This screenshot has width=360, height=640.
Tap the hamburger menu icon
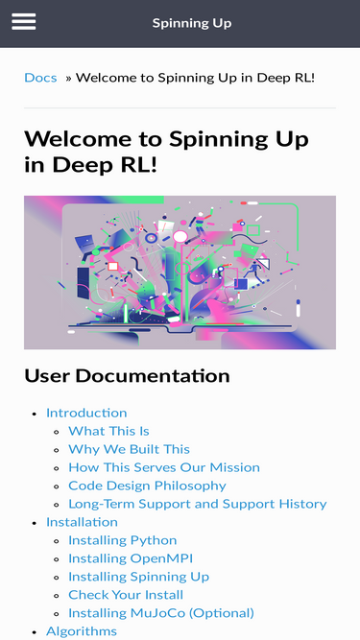click(x=24, y=22)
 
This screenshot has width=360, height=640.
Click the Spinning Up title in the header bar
click(x=192, y=23)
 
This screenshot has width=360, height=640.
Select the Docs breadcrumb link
click(x=40, y=77)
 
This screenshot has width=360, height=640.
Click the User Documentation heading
click(x=127, y=375)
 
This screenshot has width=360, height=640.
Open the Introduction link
click(x=86, y=413)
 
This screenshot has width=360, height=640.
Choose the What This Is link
click(x=108, y=431)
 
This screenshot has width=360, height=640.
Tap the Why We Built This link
click(x=129, y=449)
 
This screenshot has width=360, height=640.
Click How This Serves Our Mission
click(x=164, y=467)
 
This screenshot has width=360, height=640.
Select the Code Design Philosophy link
click(x=147, y=486)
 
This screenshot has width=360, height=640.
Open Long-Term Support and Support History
click(x=198, y=504)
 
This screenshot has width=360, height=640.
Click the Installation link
click(x=82, y=522)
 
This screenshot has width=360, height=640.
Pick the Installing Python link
click(x=123, y=540)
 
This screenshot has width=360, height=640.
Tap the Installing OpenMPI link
click(x=131, y=557)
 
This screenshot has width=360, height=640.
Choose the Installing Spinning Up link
click(x=138, y=577)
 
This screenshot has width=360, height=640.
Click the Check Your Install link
click(x=126, y=595)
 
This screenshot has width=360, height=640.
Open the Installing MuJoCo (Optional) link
click(x=161, y=612)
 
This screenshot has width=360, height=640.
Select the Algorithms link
click(x=82, y=631)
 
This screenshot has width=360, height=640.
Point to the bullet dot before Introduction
click(x=36, y=414)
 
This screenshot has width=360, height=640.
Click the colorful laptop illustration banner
click(x=180, y=273)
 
